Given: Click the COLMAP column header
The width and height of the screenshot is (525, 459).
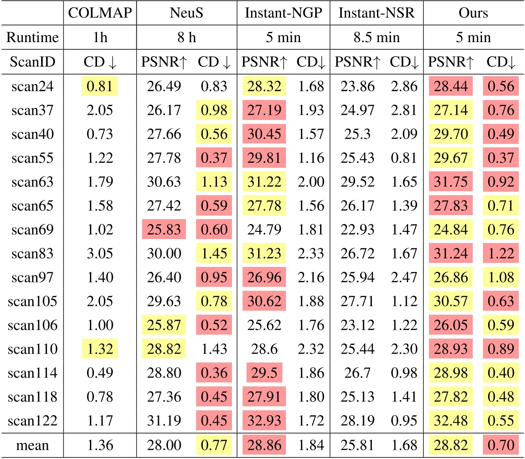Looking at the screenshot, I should pyautogui.click(x=100, y=13).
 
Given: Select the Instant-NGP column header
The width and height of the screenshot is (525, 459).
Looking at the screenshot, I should pyautogui.click(x=283, y=13).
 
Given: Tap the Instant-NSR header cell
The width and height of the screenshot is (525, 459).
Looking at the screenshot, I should pyautogui.click(x=376, y=13).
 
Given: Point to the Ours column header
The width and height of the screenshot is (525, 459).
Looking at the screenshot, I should pyautogui.click(x=473, y=13).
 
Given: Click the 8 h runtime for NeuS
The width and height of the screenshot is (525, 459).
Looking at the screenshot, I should pyautogui.click(x=186, y=37).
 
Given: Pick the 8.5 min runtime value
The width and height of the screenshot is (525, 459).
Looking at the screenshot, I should pyautogui.click(x=376, y=37).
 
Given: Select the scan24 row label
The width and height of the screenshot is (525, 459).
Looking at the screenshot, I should pyautogui.click(x=32, y=86).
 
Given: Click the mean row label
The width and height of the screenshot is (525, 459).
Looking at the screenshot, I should pyautogui.click(x=32, y=445).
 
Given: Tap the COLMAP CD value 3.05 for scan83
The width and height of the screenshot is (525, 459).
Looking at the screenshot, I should pyautogui.click(x=100, y=254).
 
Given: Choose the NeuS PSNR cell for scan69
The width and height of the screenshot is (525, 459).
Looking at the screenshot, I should pyautogui.click(x=164, y=230).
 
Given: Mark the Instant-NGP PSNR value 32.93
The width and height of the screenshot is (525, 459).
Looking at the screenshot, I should pyautogui.click(x=264, y=421).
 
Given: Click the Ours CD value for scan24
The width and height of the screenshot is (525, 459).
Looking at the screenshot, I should pyautogui.click(x=501, y=86).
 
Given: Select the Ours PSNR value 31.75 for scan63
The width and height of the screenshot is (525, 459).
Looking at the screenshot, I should pyautogui.click(x=451, y=182).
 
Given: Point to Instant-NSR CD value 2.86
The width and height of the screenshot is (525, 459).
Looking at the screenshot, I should pyautogui.click(x=404, y=86).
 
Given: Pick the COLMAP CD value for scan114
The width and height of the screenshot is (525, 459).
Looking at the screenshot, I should pyautogui.click(x=100, y=373).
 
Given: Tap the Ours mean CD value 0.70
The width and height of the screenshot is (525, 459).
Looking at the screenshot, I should pyautogui.click(x=501, y=445).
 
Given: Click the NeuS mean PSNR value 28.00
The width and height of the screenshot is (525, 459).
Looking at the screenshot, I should pyautogui.click(x=164, y=445).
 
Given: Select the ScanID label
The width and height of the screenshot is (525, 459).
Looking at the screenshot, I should pyautogui.click(x=32, y=62).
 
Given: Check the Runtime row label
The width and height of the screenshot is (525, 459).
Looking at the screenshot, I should pyautogui.click(x=32, y=37).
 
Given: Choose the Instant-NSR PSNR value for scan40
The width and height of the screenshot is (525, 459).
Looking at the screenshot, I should pyautogui.click(x=357, y=134).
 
